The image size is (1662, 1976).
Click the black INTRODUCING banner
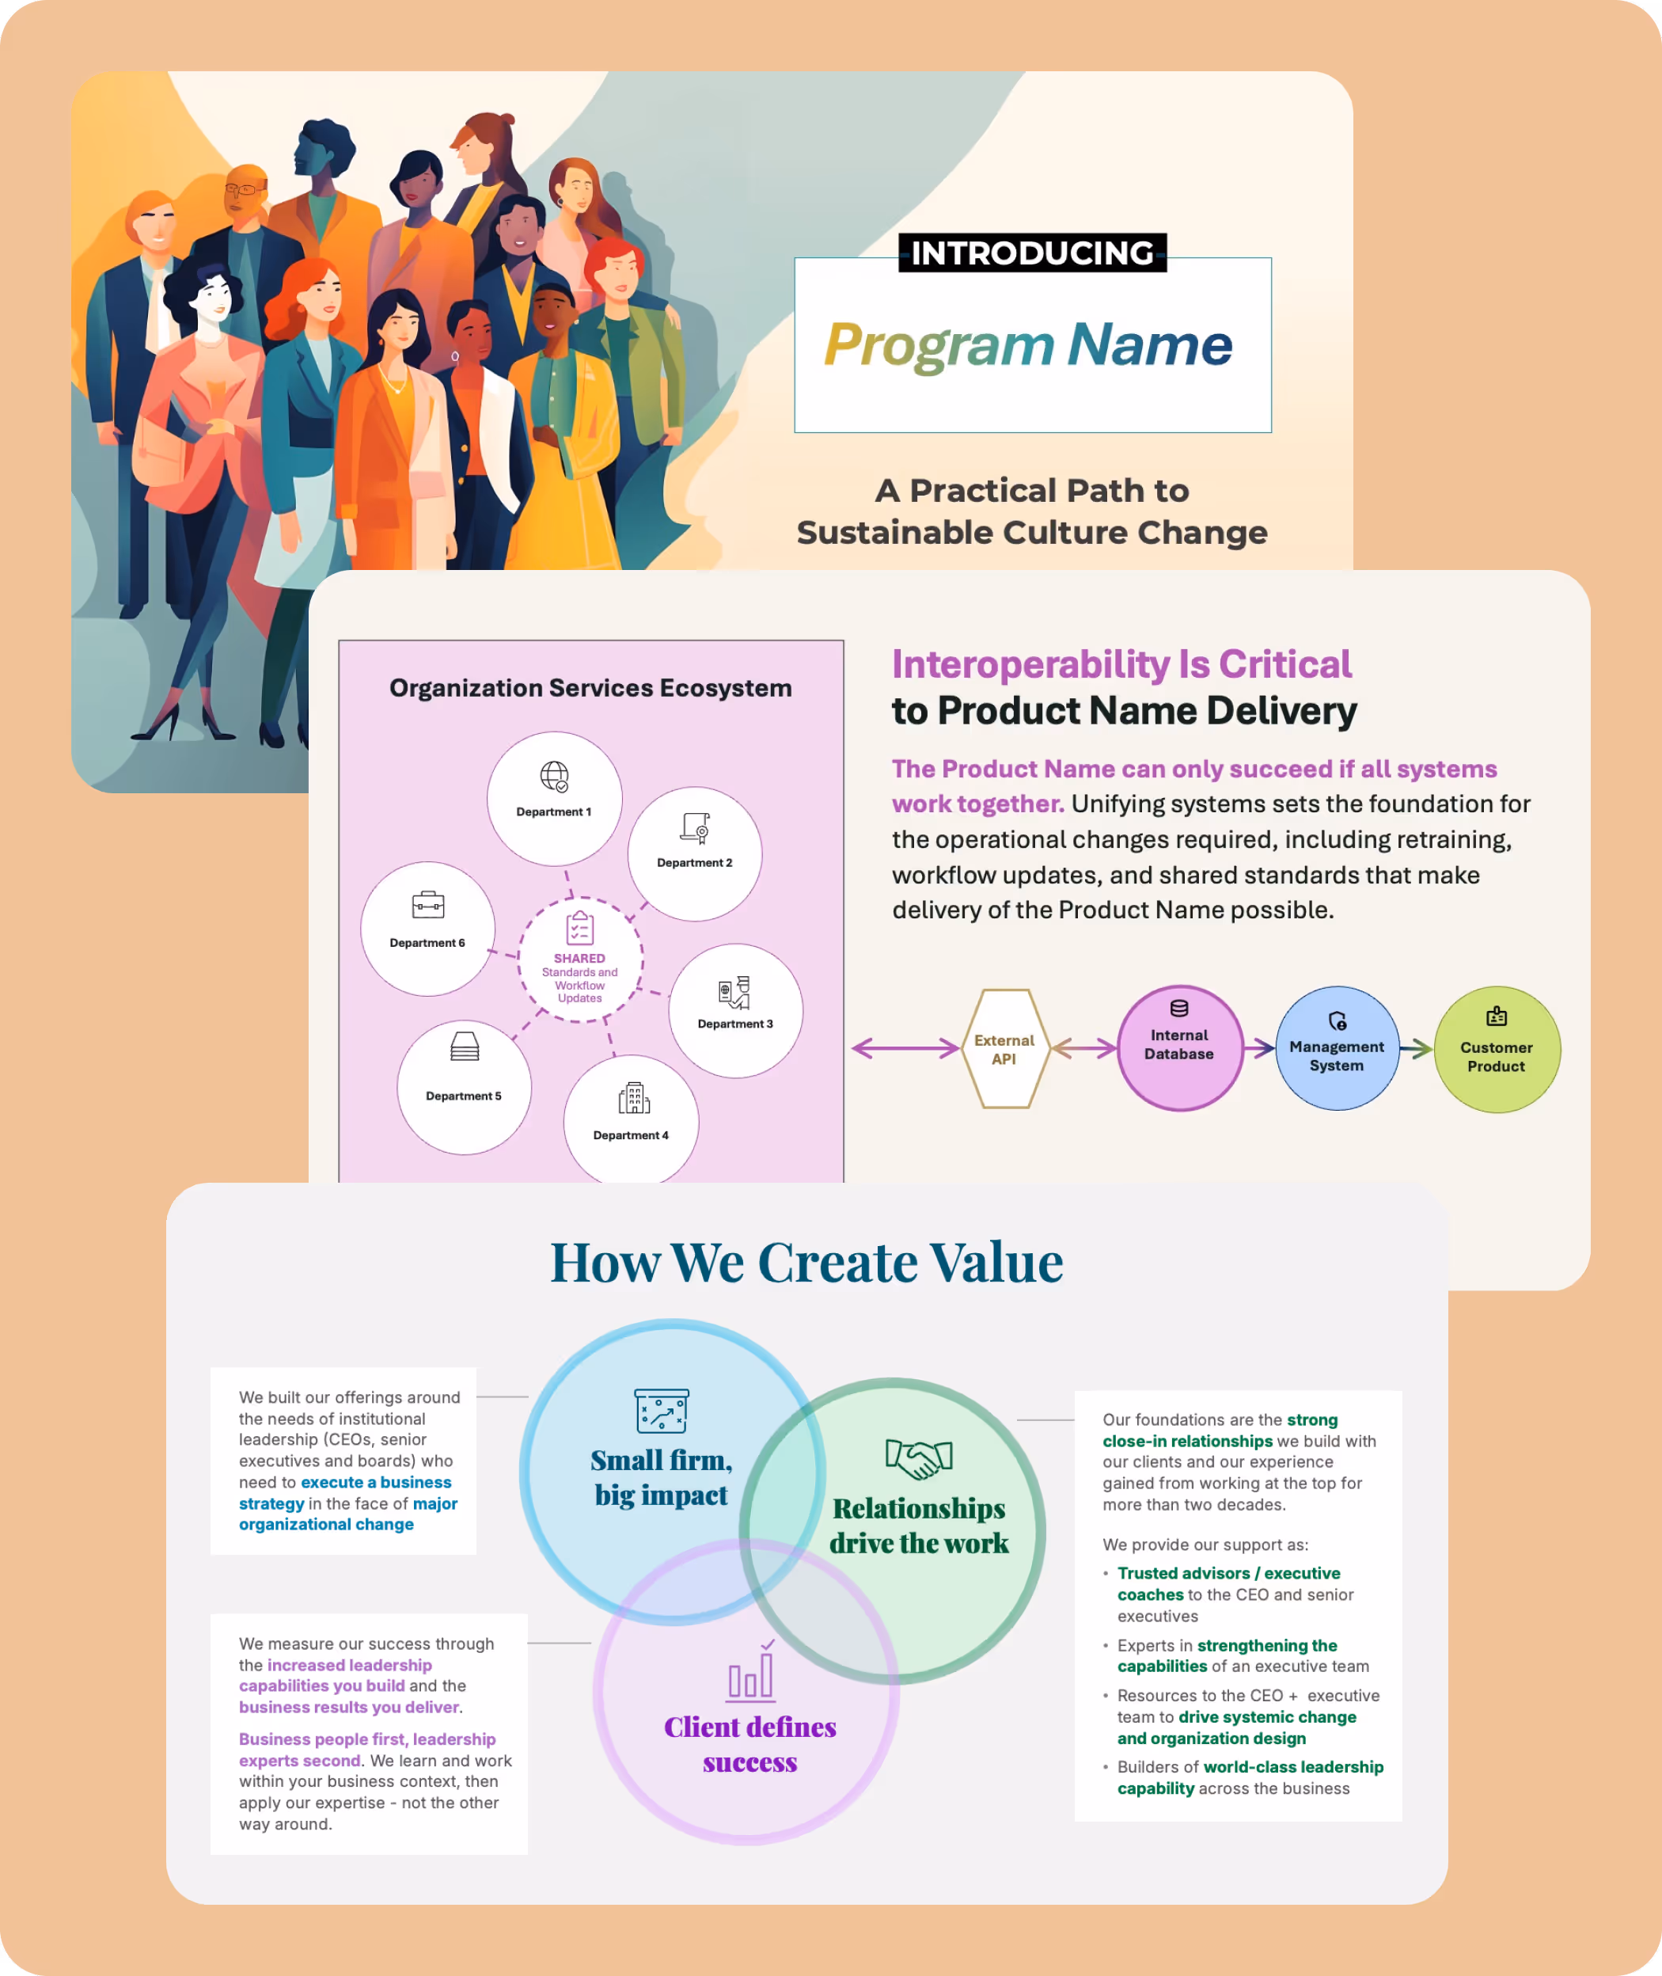1032,253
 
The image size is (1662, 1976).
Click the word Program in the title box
939,345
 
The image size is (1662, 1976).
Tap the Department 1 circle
554,798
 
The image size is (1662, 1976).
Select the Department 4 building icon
634,1098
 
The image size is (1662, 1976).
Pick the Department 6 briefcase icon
427,905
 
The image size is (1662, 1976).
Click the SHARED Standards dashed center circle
579,959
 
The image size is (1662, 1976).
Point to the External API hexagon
1004,1049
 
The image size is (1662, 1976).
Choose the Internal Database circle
1178,1048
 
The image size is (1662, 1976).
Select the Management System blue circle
1336,1049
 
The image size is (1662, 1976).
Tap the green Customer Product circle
1496,1050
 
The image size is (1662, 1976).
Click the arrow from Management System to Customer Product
1416,1048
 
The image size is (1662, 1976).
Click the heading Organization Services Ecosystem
590,688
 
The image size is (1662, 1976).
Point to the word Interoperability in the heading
1030,664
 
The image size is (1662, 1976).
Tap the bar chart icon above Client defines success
751,1673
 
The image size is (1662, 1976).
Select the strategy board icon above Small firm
662,1411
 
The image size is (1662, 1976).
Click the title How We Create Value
806,1262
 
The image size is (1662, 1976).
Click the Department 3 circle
735,1010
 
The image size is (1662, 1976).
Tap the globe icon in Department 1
554,777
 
